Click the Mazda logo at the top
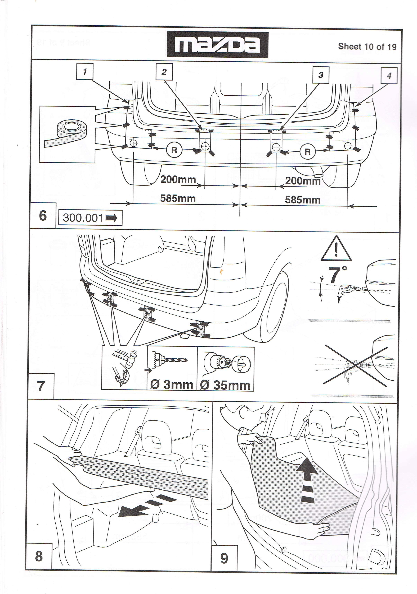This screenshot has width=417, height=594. [217, 45]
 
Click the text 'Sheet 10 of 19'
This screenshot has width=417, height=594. [367, 47]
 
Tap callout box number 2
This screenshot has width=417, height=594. [164, 72]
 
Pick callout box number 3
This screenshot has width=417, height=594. [321, 75]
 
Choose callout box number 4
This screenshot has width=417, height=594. [389, 76]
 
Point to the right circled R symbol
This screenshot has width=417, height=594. [307, 152]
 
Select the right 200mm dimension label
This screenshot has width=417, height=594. [303, 181]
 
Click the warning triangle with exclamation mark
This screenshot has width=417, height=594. [336, 249]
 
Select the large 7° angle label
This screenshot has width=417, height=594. [337, 275]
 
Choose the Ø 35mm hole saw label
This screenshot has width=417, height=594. [225, 385]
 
